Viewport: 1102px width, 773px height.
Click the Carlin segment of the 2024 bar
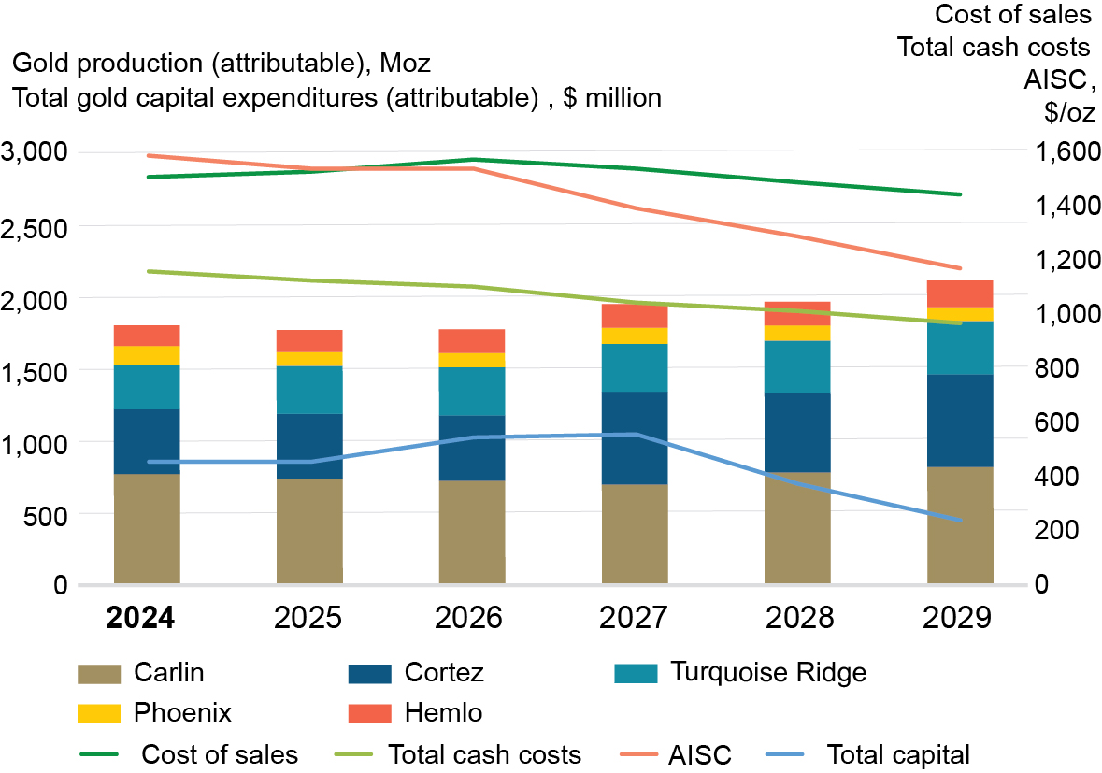(x=147, y=528)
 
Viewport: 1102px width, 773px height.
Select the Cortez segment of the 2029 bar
(x=960, y=421)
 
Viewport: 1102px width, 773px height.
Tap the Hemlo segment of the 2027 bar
(x=635, y=316)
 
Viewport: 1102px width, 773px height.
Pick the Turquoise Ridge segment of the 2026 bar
(x=472, y=392)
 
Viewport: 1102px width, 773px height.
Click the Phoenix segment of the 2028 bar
(x=797, y=333)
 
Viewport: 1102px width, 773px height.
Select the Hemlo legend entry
(x=444, y=713)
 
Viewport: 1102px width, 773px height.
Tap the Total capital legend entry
(x=898, y=754)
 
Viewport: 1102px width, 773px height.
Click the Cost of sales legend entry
(x=220, y=754)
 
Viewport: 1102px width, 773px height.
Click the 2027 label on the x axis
(x=635, y=619)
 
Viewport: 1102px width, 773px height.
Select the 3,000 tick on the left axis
(x=35, y=151)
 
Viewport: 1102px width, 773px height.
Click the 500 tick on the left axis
(x=47, y=513)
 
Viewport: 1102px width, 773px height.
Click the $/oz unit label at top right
(x=1067, y=112)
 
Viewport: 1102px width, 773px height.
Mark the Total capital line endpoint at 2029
(x=960, y=520)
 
